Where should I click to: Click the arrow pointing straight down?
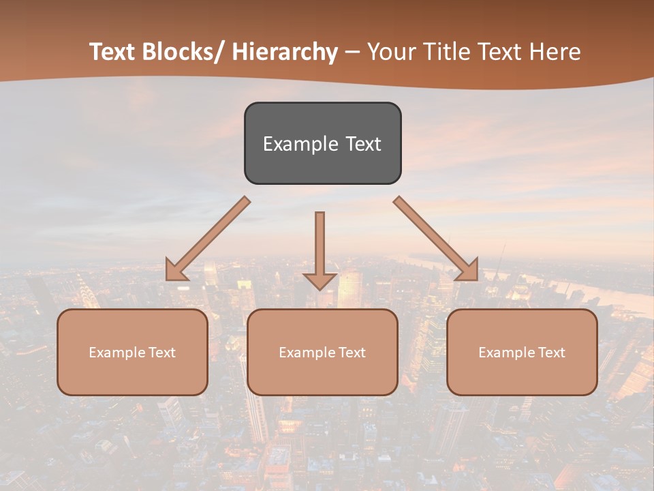point(320,249)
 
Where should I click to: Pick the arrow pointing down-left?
point(208,239)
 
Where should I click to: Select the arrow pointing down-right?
point(436,239)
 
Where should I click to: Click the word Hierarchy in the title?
point(285,52)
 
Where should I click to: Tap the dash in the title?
point(352,53)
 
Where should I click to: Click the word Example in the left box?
point(117,353)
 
